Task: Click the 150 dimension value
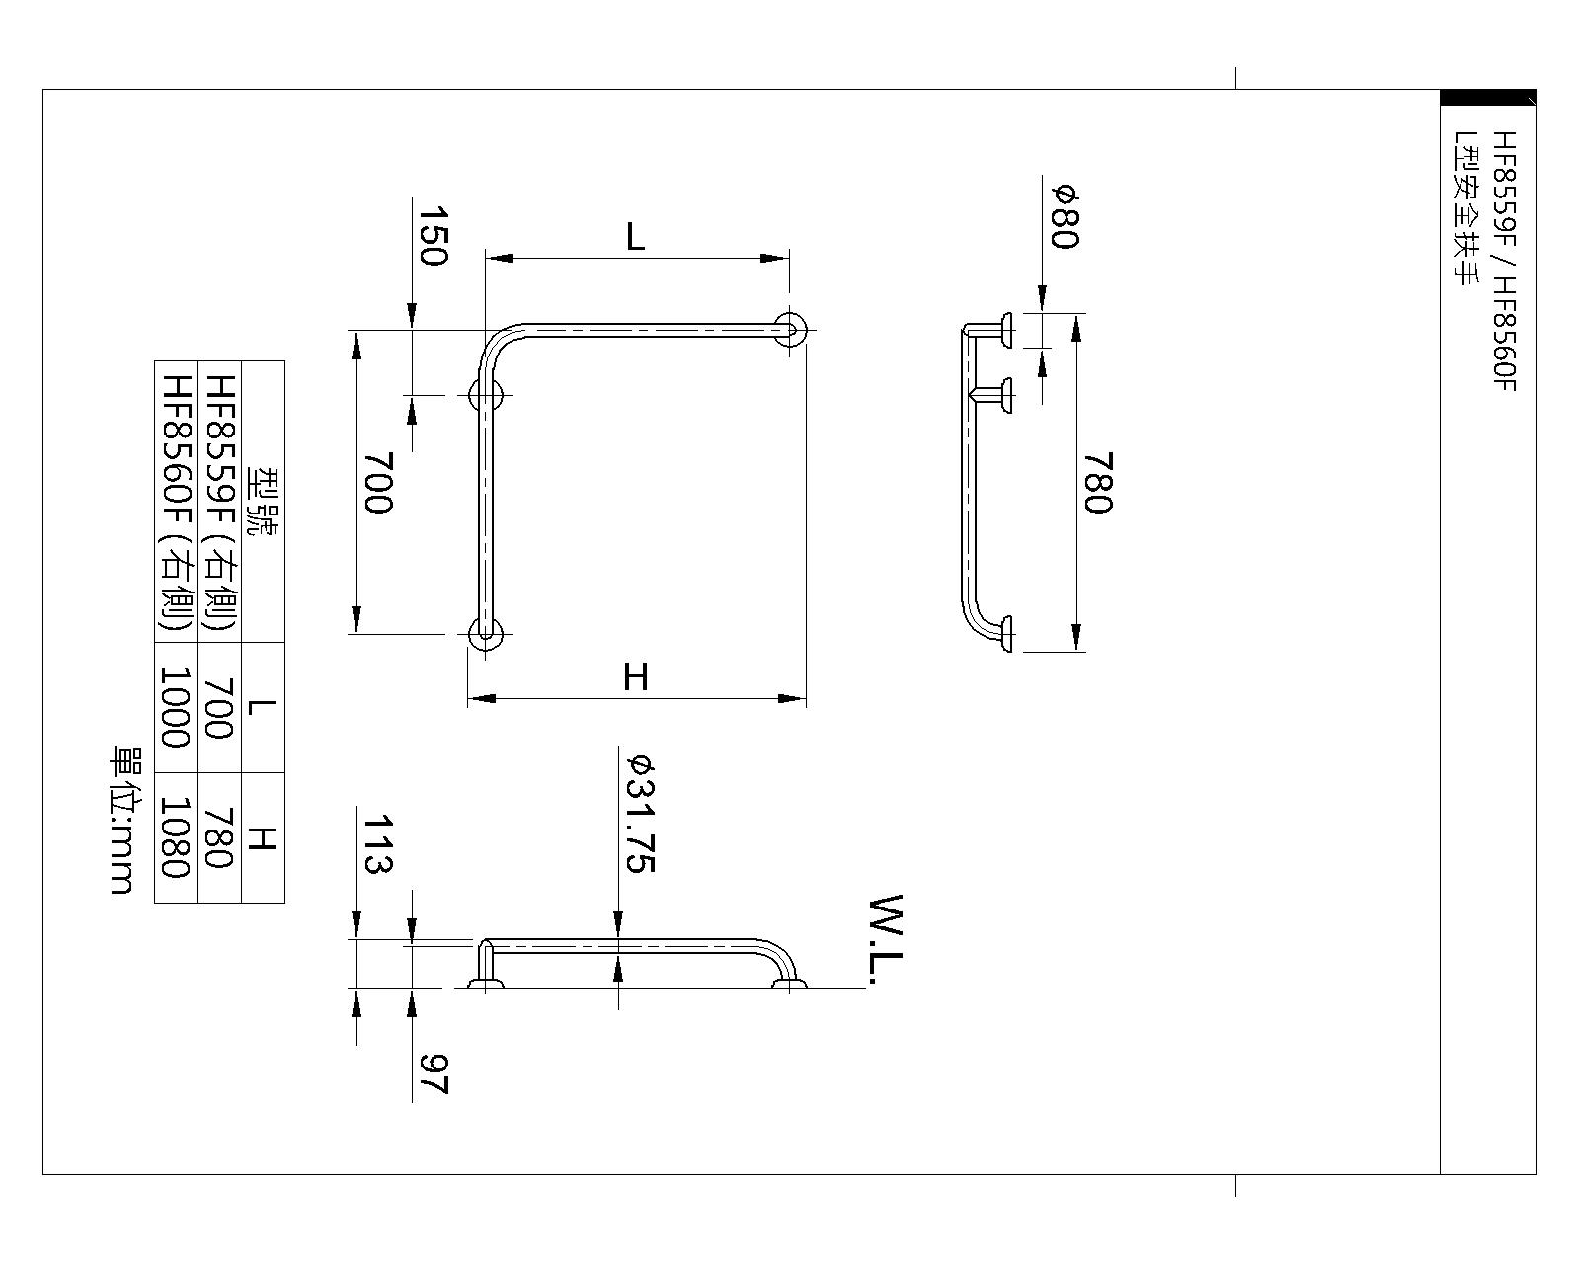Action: pyautogui.click(x=434, y=237)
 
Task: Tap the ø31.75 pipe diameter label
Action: pyautogui.click(x=640, y=815)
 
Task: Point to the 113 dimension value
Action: pyautogui.click(x=378, y=844)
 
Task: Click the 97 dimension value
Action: pyautogui.click(x=434, y=1073)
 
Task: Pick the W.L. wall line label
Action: pyautogui.click(x=887, y=941)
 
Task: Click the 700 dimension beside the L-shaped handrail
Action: pyautogui.click(x=378, y=482)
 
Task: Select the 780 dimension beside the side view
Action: pyautogui.click(x=1097, y=483)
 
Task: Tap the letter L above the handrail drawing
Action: pyautogui.click(x=635, y=237)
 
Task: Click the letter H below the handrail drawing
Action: pyautogui.click(x=636, y=677)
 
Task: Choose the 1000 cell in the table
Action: pyautogui.click(x=176, y=707)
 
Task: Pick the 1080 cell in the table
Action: pyautogui.click(x=176, y=837)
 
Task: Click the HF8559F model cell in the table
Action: pyautogui.click(x=219, y=502)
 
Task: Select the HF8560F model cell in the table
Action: pyautogui.click(x=176, y=502)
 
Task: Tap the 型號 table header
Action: pyautogui.click(x=263, y=502)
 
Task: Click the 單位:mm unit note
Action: pyautogui.click(x=122, y=820)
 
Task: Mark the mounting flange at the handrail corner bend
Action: pyautogui.click(x=486, y=395)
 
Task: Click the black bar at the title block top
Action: pyautogui.click(x=1487, y=98)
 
